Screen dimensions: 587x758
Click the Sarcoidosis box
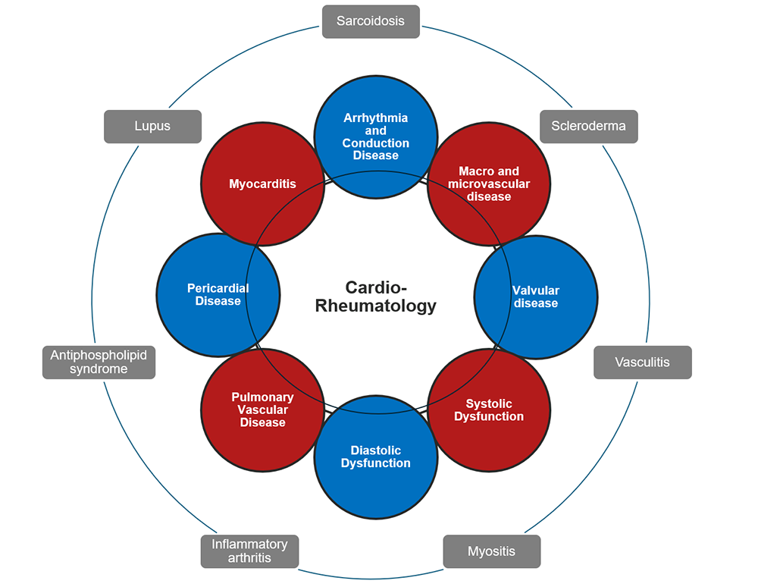(371, 21)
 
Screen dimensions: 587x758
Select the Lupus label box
(152, 126)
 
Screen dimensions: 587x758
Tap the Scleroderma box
(588, 126)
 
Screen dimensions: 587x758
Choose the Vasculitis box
(642, 362)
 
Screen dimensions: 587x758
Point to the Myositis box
(491, 551)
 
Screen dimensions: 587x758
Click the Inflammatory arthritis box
(249, 551)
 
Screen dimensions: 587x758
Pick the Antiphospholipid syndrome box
(99, 362)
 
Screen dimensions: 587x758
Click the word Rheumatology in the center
(376, 306)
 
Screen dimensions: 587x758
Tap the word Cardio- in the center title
(376, 287)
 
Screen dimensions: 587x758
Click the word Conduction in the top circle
(375, 143)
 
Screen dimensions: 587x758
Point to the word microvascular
(489, 184)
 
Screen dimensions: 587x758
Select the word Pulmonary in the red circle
(262, 397)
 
